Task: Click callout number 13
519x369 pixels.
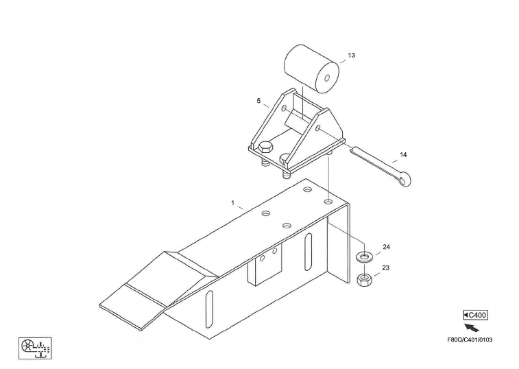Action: [x=352, y=55]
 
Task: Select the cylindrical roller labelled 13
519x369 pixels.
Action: [x=311, y=69]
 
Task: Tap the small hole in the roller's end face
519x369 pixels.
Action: [x=327, y=78]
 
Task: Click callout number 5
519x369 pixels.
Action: [x=258, y=101]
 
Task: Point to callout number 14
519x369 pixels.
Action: [x=403, y=155]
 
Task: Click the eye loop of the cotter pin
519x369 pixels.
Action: [x=402, y=180]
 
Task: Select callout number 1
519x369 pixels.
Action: [x=232, y=203]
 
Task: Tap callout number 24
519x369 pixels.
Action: [x=386, y=247]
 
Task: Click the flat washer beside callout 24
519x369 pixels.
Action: [x=364, y=257]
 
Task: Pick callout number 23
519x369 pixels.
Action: [x=386, y=267]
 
